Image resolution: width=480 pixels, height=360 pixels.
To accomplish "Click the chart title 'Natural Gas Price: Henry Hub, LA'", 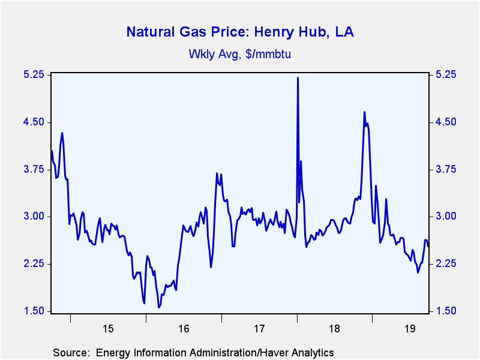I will tap(239, 32).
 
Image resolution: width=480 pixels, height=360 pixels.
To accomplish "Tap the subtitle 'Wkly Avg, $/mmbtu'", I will tap(239, 54).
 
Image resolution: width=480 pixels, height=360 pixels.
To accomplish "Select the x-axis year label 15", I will tap(108, 329).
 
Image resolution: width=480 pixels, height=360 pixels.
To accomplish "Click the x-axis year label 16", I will tap(184, 329).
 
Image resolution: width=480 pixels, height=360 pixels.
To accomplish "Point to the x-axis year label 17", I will tap(259, 329).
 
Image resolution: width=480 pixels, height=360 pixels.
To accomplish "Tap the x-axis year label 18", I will tap(335, 329).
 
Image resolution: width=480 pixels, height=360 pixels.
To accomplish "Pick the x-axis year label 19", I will tap(410, 329).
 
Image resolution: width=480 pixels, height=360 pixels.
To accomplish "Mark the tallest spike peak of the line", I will tap(298, 78).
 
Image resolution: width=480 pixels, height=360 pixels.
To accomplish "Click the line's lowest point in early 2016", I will tap(159, 307).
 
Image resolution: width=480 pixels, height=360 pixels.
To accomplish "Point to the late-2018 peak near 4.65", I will tap(364, 112).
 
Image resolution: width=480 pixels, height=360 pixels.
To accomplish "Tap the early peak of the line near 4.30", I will tap(62, 133).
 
